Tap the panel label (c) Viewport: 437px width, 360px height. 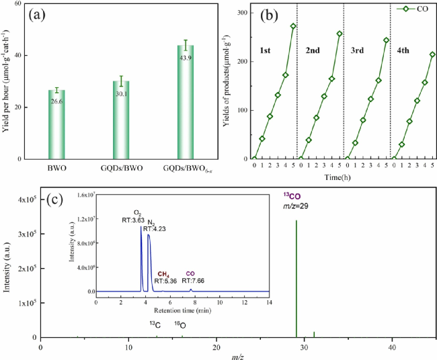[56, 199]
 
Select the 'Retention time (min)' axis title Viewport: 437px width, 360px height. [182, 312]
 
